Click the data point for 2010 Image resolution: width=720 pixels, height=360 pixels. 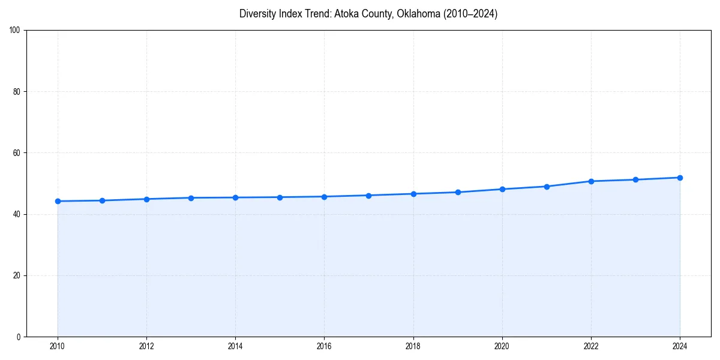[x=58, y=201]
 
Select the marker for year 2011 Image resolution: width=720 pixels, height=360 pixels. [x=102, y=200]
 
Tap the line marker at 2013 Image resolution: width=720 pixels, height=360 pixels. [x=191, y=197]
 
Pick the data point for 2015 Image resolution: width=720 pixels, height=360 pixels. [x=280, y=197]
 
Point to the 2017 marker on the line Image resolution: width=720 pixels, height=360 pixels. [x=368, y=195]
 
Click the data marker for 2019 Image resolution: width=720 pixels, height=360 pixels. [x=458, y=192]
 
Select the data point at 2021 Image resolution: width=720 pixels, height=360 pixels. [x=547, y=186]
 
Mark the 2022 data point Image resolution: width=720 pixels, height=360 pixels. [x=591, y=181]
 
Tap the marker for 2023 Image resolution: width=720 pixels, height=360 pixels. [x=635, y=179]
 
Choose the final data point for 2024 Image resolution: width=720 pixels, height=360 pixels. [x=680, y=178]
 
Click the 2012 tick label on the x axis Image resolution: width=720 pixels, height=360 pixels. [x=146, y=346]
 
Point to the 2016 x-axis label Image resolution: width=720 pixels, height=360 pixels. [x=324, y=346]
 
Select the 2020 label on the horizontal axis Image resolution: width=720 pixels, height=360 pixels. [x=502, y=346]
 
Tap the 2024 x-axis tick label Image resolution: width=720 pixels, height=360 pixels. [x=680, y=346]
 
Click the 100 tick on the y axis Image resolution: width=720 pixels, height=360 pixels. [x=15, y=31]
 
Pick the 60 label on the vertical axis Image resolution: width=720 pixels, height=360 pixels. [x=17, y=153]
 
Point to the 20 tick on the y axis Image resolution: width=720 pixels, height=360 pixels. [x=17, y=275]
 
